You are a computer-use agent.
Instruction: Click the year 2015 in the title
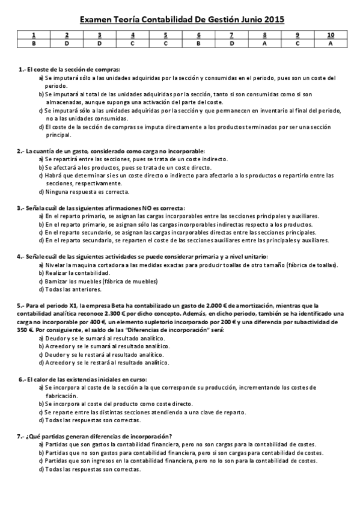tap(273, 20)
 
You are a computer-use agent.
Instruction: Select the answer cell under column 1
tap(34, 44)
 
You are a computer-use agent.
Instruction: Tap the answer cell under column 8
tap(265, 44)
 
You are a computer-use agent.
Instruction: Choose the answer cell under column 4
tap(133, 44)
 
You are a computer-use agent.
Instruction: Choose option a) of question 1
tap(41, 78)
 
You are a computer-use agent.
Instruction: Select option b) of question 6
tap(41, 404)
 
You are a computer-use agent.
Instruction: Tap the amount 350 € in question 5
tap(25, 330)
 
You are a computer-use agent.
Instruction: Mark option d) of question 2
tap(41, 192)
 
